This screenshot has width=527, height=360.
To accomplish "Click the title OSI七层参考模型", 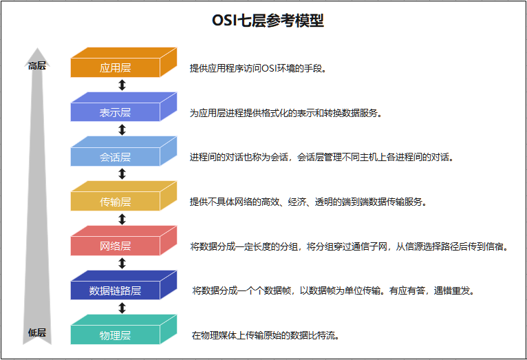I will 268,21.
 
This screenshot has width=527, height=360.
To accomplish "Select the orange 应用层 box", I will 116,67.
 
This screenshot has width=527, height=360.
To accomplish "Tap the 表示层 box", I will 116,112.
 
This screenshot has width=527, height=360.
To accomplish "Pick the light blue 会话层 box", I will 116,157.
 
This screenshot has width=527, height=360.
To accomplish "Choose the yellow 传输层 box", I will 116,202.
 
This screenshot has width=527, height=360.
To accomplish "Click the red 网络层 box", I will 116,246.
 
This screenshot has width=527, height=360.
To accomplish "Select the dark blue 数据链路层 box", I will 116,290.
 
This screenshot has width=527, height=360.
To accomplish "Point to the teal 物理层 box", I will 116,335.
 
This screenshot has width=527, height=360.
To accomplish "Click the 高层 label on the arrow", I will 37,66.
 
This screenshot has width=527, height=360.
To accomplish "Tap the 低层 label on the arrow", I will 37,332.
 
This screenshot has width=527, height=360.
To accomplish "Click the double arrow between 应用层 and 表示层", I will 122,85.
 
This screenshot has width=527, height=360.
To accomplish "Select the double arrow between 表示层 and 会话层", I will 122,129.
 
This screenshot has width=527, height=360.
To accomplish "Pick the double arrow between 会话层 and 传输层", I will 122,174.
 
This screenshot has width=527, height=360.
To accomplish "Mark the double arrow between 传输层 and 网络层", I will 122,219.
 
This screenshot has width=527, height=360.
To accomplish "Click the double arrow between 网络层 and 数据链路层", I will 122,263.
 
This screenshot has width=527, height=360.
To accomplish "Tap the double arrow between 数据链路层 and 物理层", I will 122,308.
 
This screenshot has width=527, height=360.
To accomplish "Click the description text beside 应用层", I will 258,68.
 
